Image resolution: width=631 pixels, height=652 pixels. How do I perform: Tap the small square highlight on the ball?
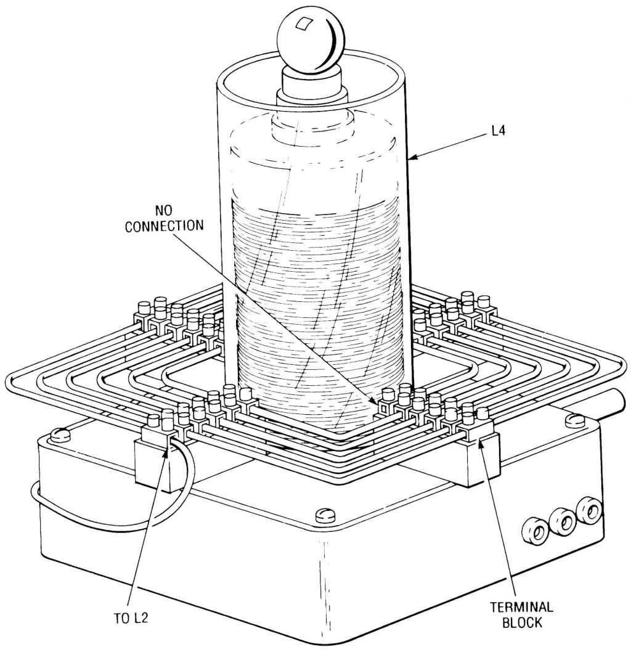pyautogui.click(x=303, y=23)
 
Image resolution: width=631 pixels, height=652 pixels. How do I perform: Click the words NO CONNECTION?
pyautogui.click(x=165, y=218)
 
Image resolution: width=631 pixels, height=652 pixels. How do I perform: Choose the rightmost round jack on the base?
pyautogui.click(x=590, y=509)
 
